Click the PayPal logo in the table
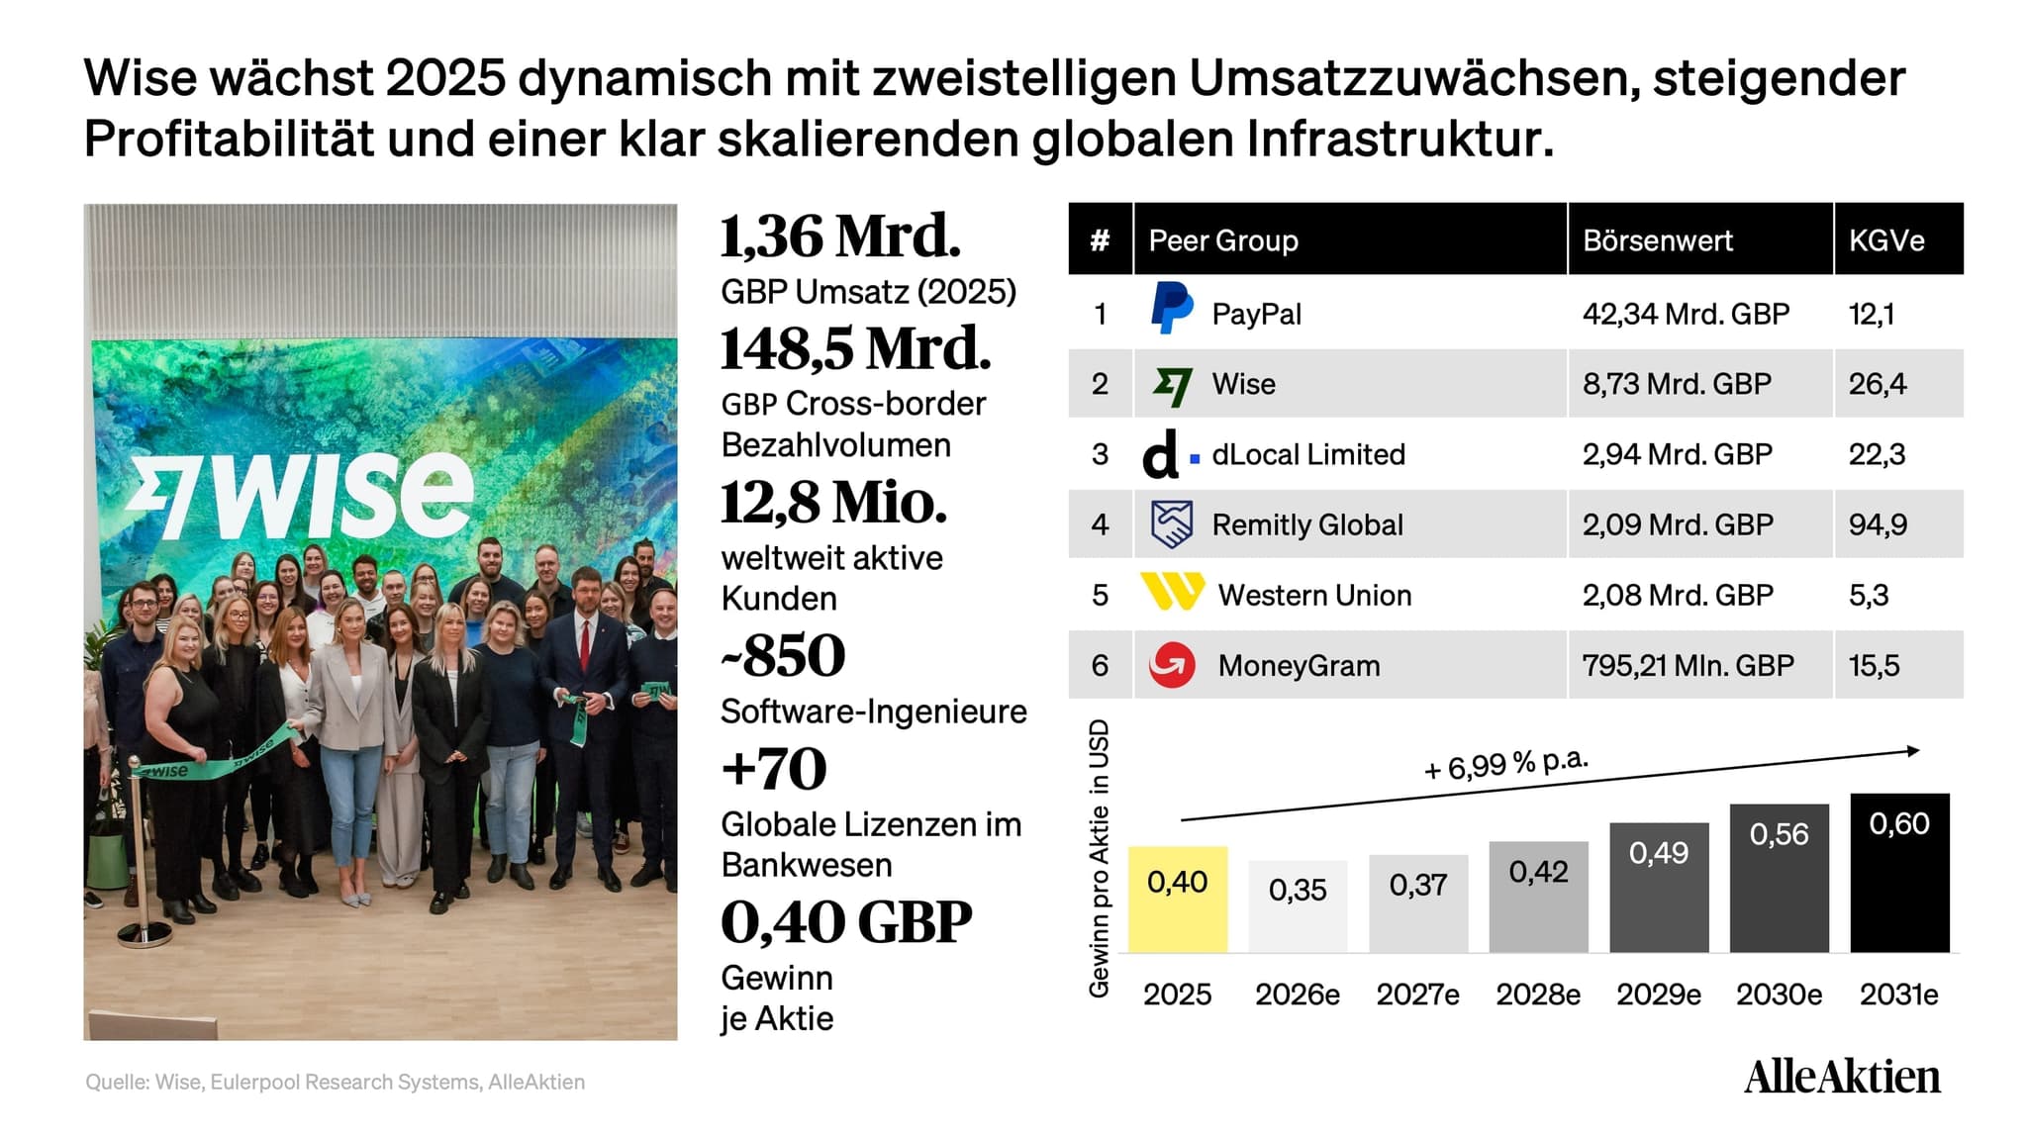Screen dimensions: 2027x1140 (1172, 308)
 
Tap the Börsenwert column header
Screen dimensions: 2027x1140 (1658, 240)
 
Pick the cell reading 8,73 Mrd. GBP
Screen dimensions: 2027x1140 (1677, 384)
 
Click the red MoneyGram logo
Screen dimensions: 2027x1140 (1172, 665)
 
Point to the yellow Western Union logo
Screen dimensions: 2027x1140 (1173, 592)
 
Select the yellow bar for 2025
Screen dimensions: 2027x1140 (1178, 900)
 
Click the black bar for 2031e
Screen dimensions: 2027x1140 (1899, 873)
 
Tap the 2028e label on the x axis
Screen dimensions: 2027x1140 (1538, 995)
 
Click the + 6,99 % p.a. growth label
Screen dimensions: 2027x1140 (1505, 764)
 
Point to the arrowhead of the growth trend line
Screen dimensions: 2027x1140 (1913, 751)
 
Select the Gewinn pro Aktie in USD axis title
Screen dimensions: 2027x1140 (1099, 858)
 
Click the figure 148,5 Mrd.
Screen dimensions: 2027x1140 (855, 349)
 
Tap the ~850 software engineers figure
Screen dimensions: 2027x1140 (783, 655)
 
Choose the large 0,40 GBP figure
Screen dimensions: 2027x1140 (846, 922)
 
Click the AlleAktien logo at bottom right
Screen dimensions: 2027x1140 (1842, 1077)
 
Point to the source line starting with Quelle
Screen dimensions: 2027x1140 (335, 1083)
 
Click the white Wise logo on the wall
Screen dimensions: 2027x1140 (301, 497)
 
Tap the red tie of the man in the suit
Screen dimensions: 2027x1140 (585, 644)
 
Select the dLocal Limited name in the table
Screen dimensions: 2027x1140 (1308, 454)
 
